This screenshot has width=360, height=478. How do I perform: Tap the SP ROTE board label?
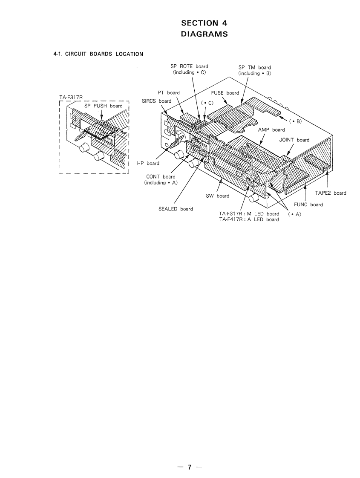[190, 66]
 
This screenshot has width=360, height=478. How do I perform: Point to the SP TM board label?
[254, 67]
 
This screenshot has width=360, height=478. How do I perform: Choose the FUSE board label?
[225, 93]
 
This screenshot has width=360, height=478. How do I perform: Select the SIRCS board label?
[156, 101]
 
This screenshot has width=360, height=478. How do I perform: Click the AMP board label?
[271, 130]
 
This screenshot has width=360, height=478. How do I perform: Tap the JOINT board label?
[294, 140]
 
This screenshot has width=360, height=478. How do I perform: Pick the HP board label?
[148, 163]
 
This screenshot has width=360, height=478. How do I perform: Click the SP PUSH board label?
[103, 106]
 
